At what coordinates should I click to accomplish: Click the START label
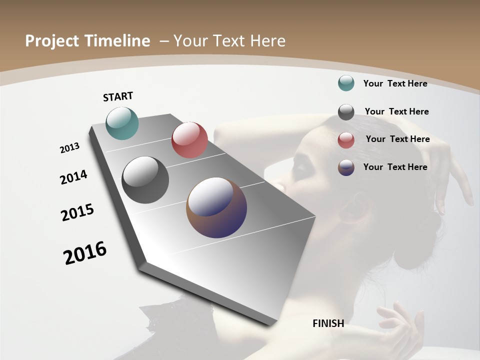118,96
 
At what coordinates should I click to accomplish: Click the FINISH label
328,323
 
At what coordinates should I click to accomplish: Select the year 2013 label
69,148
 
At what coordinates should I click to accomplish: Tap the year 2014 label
73,177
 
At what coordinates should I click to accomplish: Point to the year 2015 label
77,212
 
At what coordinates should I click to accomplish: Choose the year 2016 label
85,253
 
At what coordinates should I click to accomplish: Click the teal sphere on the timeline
122,123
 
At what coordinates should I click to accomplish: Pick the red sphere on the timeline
189,140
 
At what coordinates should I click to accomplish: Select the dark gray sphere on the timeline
145,180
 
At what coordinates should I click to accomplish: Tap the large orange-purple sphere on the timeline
216,207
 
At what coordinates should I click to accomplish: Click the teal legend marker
346,83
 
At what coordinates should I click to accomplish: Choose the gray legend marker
346,112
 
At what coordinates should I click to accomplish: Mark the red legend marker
346,140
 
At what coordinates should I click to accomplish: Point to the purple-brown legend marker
346,167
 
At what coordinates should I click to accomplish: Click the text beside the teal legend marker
395,83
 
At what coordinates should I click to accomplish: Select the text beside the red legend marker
397,139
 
